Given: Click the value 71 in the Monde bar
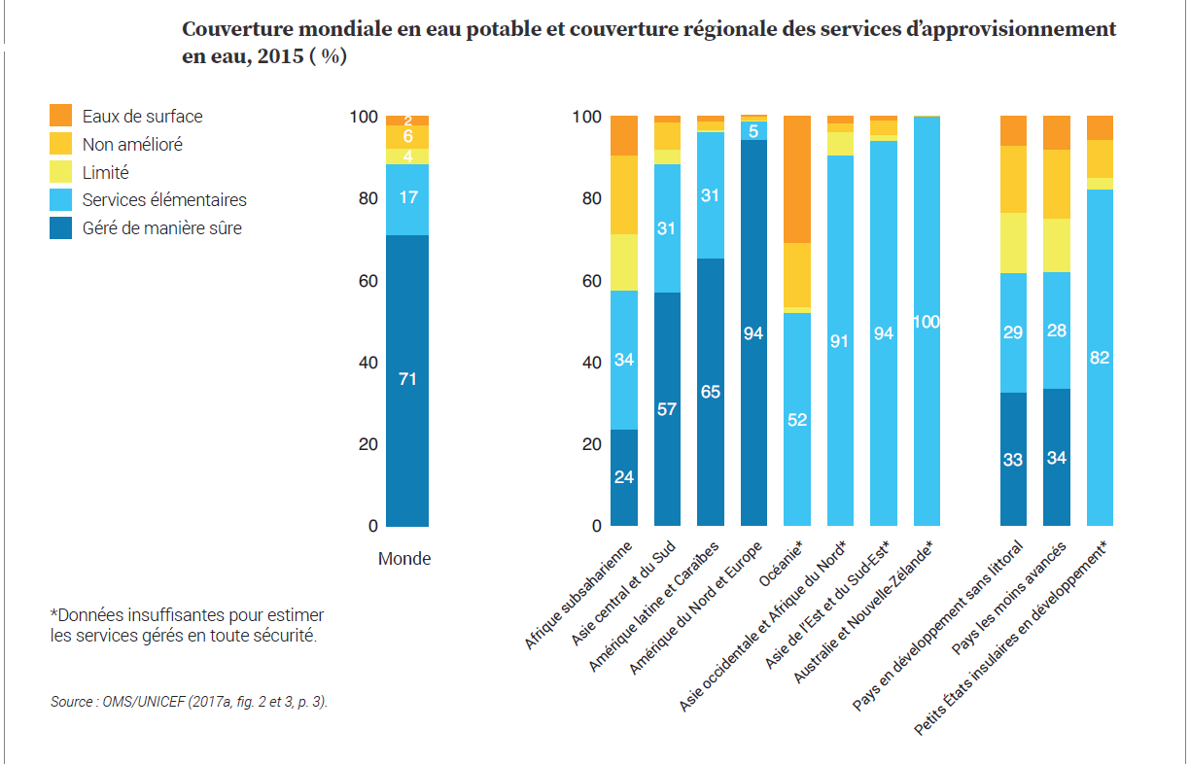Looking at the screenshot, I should click(x=407, y=379).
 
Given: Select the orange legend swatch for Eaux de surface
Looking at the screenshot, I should click(x=60, y=116).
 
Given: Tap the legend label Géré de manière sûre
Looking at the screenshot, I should click(x=161, y=228).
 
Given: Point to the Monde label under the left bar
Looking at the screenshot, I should click(x=404, y=559).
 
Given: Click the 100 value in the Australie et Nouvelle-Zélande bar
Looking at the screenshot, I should click(x=927, y=322).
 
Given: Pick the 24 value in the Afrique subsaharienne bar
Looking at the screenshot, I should click(x=624, y=477).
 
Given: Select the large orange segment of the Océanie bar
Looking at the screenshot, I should click(x=797, y=179).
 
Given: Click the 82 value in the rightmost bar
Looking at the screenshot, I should click(x=1100, y=358).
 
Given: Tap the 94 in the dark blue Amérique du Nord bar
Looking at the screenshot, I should click(x=753, y=333).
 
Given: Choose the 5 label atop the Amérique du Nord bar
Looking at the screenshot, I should click(x=753, y=130).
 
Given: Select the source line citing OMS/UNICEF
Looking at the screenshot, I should click(x=190, y=701).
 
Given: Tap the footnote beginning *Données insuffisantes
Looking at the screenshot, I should click(x=187, y=626).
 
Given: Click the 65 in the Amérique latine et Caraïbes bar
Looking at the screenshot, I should click(x=711, y=393).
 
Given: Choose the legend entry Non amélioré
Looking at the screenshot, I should click(x=132, y=144).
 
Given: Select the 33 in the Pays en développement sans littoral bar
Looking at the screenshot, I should click(x=1013, y=460).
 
